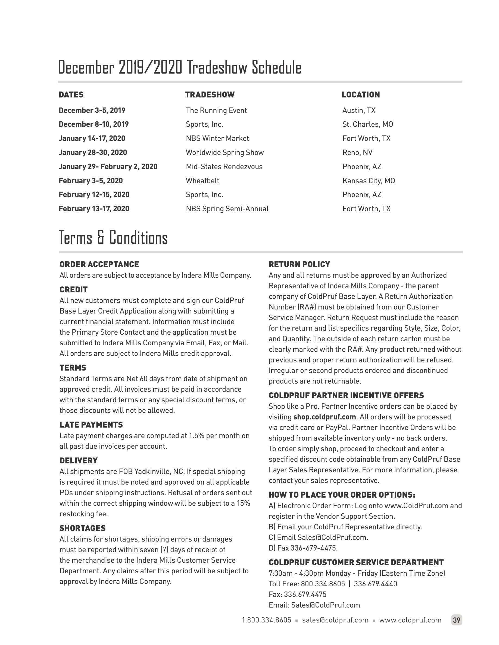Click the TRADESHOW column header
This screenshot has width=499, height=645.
pos(210,95)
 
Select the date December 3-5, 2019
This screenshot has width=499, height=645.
pos(92,110)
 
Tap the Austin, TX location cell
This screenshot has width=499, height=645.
pos(358,110)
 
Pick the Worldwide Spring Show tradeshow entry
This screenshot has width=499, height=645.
pos(225,153)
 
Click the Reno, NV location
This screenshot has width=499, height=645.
pos(357,153)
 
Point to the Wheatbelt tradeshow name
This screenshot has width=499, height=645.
pos(202,181)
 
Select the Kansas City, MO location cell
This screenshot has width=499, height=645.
pos(368,181)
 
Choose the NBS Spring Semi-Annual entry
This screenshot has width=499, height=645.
pos(227,209)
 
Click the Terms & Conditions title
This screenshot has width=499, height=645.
pos(113,238)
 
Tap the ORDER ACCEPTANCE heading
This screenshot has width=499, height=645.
pos(99,264)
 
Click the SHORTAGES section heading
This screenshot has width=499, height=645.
pos(82,528)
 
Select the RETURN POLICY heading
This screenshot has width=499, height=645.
pos(299,264)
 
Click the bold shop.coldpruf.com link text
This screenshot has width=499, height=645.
pos(324,417)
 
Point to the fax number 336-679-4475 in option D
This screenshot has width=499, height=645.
pos(314,548)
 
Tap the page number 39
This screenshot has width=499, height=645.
pos(456,620)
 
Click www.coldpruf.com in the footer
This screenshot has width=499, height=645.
pos(410,620)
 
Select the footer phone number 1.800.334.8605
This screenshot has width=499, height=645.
pos(266,620)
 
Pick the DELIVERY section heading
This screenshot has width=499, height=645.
pos(78,461)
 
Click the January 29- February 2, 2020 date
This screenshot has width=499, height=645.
pos(108,167)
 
